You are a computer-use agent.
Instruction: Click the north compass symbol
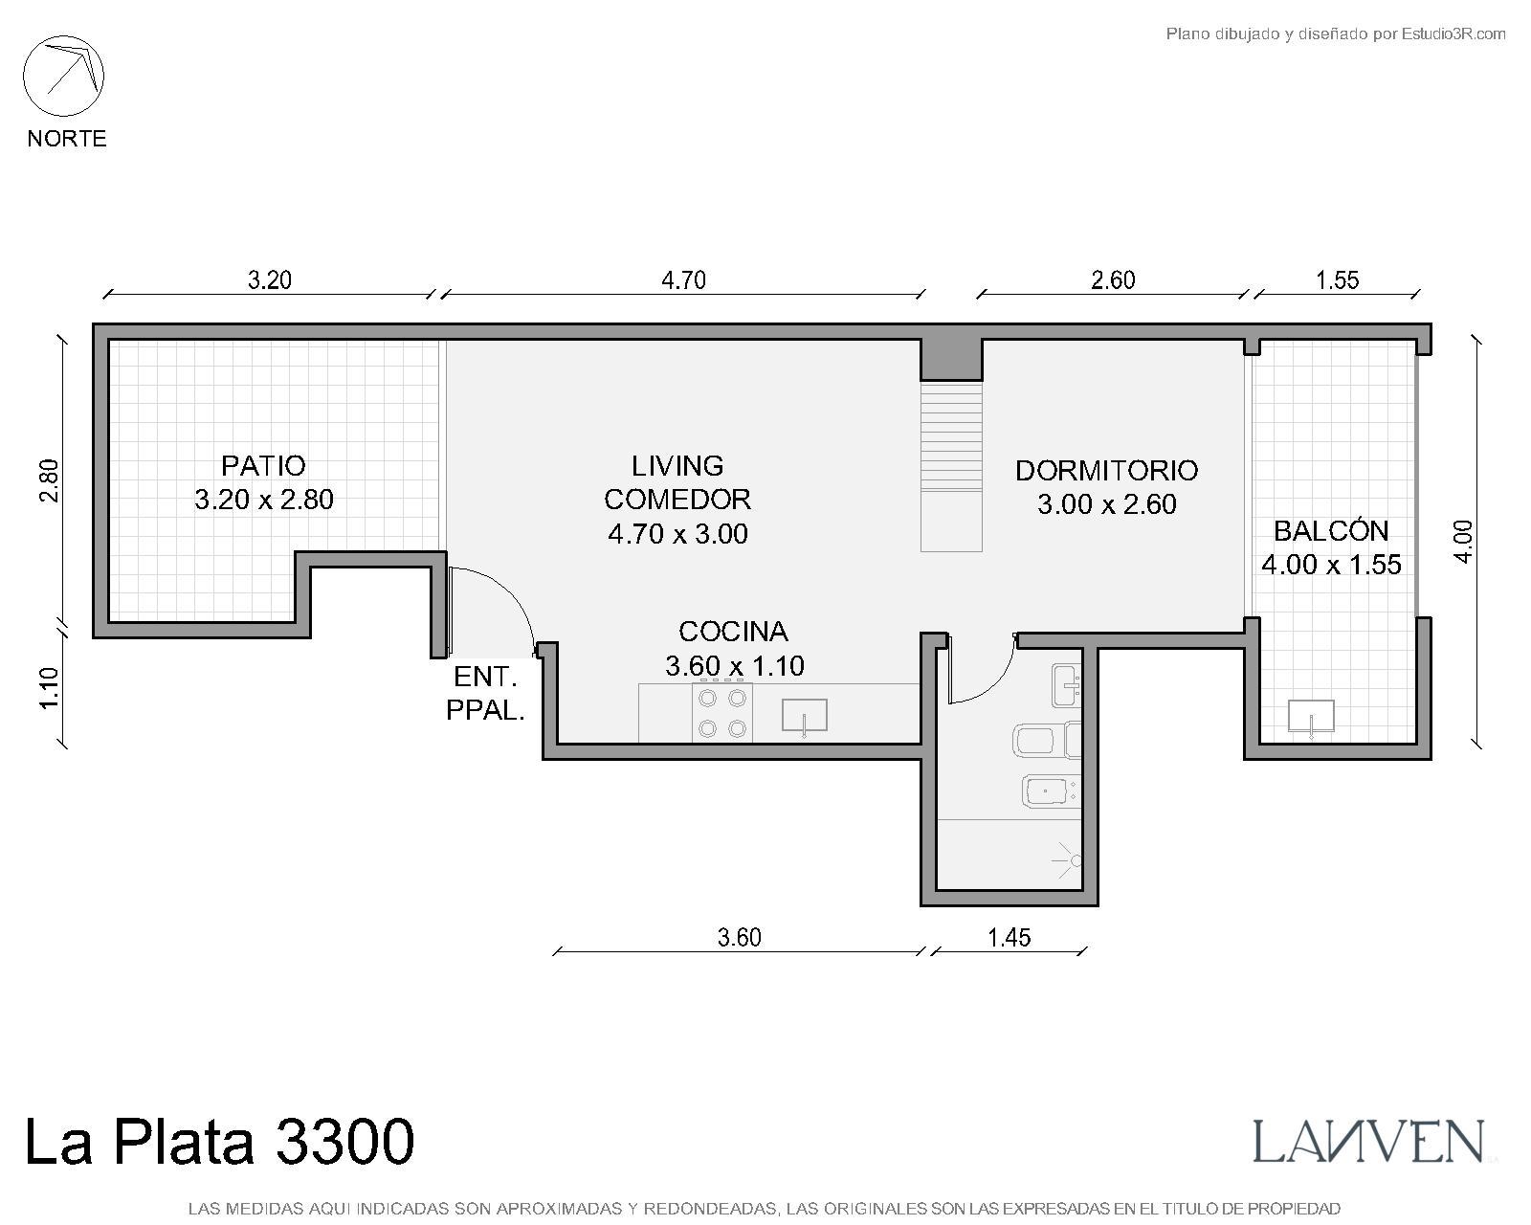click(63, 77)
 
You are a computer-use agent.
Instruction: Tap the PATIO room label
click(263, 466)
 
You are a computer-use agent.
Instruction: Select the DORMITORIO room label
click(1106, 471)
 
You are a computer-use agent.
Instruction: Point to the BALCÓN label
click(1330, 530)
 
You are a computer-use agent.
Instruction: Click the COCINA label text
click(734, 632)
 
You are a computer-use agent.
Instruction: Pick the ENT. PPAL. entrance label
click(485, 693)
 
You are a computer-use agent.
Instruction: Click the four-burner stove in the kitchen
click(722, 712)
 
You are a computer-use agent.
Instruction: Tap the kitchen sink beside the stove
click(805, 716)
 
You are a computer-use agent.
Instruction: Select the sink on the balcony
click(1311, 718)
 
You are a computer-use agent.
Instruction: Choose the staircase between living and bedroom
click(951, 467)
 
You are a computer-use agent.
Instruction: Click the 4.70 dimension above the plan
click(683, 280)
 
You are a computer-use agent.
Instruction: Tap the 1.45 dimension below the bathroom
click(1009, 938)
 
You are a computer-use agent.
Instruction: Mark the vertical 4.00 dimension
click(1463, 542)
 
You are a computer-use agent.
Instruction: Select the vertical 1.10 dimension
click(49, 687)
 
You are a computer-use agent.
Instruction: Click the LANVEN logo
click(1368, 1142)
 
